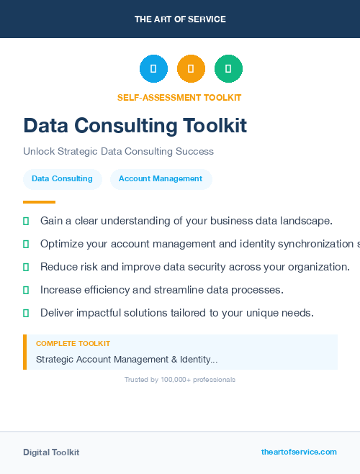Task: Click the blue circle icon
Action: coord(153,68)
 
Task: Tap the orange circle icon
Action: coord(191,68)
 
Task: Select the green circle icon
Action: coord(228,68)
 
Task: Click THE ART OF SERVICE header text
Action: coord(180,19)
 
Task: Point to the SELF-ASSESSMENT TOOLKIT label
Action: coord(179,98)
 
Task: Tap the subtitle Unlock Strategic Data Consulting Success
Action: coord(118,152)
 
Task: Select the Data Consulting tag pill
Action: coord(62,179)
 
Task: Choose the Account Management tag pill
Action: coord(161,179)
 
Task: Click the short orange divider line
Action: coord(39,202)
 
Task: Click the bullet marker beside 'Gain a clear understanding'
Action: coord(26,221)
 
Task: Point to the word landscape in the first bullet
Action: coord(306,221)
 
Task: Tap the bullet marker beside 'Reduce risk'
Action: coord(26,267)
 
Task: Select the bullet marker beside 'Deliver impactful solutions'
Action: coord(26,313)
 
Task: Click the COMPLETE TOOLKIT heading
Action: coord(73,344)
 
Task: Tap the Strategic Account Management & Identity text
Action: coord(127,359)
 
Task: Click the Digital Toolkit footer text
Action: coord(51,452)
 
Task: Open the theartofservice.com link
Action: coord(299,452)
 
